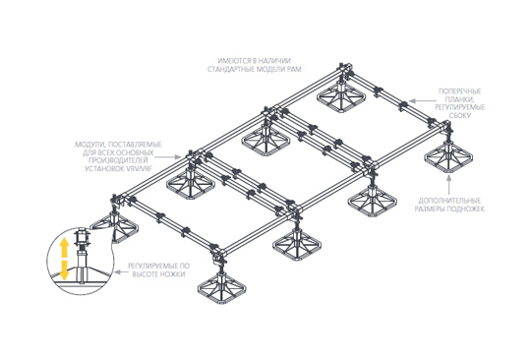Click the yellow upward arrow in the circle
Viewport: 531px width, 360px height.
pyautogui.click(x=64, y=247)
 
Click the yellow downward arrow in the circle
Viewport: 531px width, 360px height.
pyautogui.click(x=64, y=270)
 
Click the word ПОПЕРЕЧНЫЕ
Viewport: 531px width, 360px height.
pyautogui.click(x=459, y=91)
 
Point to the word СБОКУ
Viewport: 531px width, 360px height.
pyautogui.click(x=460, y=115)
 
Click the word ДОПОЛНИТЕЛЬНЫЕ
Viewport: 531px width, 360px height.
pyautogui.click(x=449, y=201)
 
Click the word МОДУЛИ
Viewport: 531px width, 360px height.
pyautogui.click(x=88, y=145)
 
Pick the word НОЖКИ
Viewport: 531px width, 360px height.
pyautogui.click(x=175, y=274)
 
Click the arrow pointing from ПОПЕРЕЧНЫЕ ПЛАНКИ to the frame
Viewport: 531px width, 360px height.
pyautogui.click(x=422, y=100)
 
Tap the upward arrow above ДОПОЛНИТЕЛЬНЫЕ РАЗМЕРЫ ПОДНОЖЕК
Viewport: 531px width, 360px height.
pyautogui.click(x=449, y=185)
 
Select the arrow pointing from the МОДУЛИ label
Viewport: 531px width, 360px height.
pyautogui.click(x=169, y=156)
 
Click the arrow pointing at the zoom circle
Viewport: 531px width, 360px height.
pyautogui.click(x=120, y=271)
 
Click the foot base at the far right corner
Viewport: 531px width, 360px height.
pyautogui.click(x=448, y=157)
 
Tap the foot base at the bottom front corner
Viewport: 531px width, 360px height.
pyautogui.click(x=222, y=288)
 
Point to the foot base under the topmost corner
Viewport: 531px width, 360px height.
pyautogui.click(x=341, y=98)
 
